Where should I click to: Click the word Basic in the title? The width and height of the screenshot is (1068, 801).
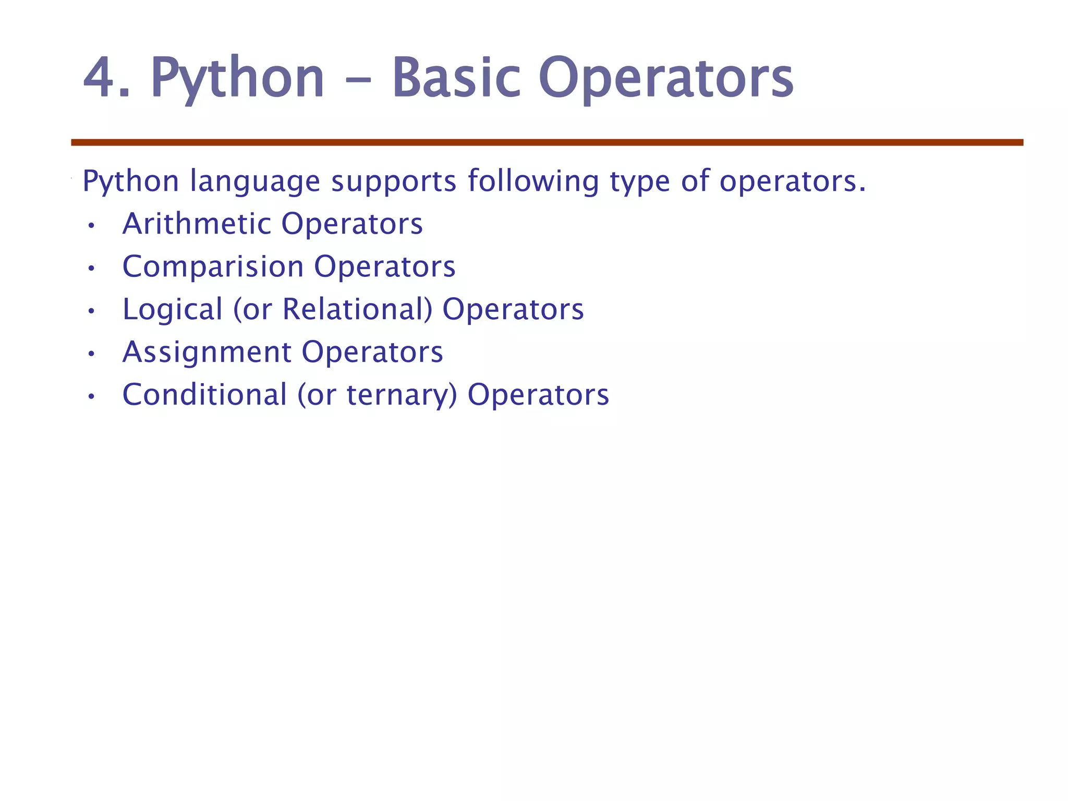coord(456,78)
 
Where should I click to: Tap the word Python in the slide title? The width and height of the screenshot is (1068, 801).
coord(238,78)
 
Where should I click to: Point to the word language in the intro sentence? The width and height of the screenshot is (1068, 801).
coord(254,182)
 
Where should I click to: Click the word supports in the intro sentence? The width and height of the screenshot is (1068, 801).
coord(394,182)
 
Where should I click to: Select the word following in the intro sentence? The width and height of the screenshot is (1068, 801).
coord(533,182)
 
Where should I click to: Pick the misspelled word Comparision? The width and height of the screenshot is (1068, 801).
coord(213,268)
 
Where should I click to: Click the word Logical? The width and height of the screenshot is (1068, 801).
coord(173,310)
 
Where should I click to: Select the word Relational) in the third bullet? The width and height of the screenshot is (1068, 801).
coord(357,310)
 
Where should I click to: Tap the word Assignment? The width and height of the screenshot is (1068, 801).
coord(207,353)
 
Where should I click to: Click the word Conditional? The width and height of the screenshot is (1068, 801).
coord(204,395)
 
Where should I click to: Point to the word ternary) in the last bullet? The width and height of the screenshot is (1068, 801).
coord(402,396)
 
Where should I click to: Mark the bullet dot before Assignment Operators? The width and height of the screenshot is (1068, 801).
coord(91,355)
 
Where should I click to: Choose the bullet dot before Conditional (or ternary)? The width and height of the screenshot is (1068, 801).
coord(91,397)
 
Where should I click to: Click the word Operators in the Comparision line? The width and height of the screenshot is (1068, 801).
coord(384,268)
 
